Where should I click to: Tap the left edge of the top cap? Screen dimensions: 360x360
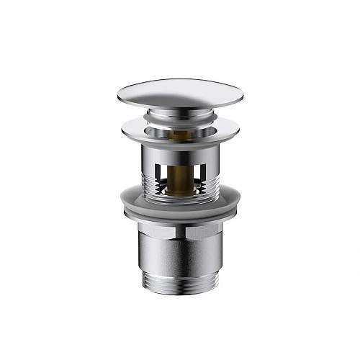116,96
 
